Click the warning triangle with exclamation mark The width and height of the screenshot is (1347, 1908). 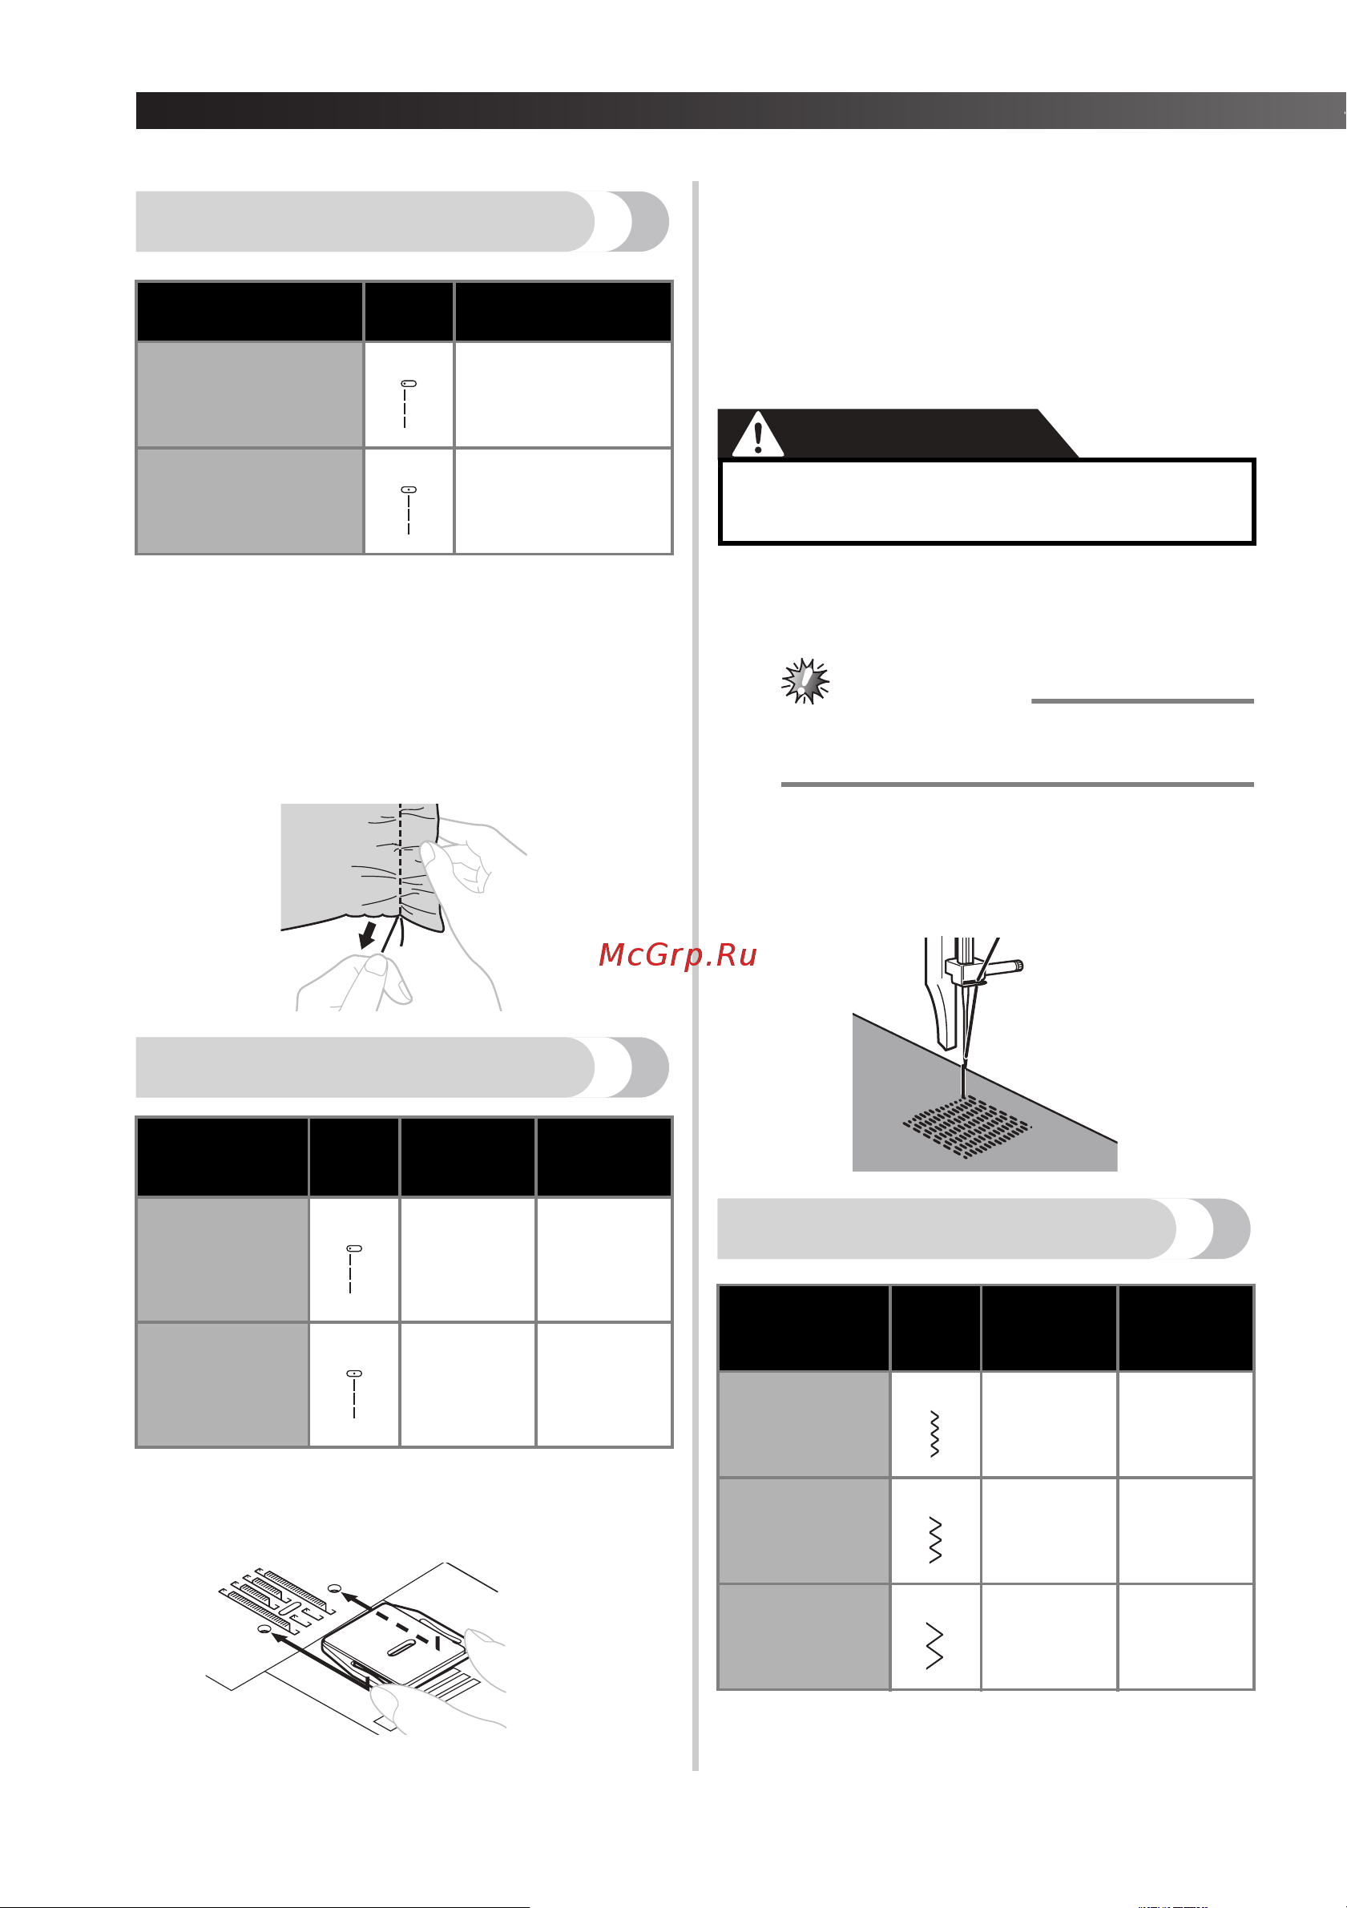click(x=757, y=434)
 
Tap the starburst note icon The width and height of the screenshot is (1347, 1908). click(x=805, y=681)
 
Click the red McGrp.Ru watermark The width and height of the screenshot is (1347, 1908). click(x=677, y=955)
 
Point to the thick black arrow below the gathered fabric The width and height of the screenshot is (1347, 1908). click(x=367, y=934)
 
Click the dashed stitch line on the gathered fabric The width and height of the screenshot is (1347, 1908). click(x=400, y=860)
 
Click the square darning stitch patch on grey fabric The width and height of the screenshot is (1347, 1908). click(x=966, y=1127)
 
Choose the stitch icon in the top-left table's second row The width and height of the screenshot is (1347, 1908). click(x=408, y=510)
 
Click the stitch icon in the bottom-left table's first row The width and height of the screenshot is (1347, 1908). click(x=353, y=1269)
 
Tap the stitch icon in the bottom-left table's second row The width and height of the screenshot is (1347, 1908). click(x=354, y=1394)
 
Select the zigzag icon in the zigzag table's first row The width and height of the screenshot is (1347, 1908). click(x=935, y=1434)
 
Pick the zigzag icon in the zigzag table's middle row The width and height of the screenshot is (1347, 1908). click(x=935, y=1539)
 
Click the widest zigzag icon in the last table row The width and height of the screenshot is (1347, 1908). click(x=935, y=1645)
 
